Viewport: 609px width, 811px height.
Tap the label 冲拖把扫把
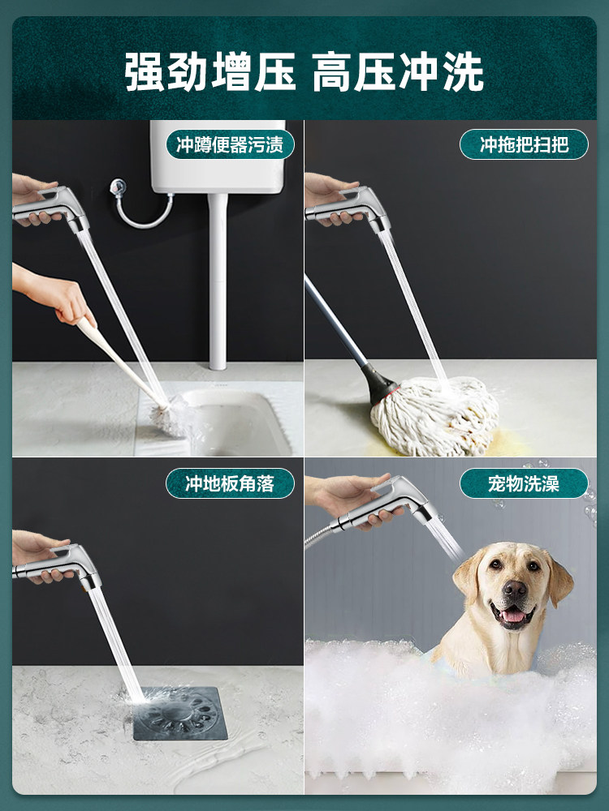coord(524,145)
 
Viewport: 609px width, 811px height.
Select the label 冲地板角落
coord(230,484)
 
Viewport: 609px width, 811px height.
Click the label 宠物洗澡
coord(524,484)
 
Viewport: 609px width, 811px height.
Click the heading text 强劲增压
coord(209,72)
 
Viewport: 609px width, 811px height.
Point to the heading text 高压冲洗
coord(398,72)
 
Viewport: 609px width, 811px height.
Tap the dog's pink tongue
coord(513,617)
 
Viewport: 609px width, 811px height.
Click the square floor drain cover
coord(181,713)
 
